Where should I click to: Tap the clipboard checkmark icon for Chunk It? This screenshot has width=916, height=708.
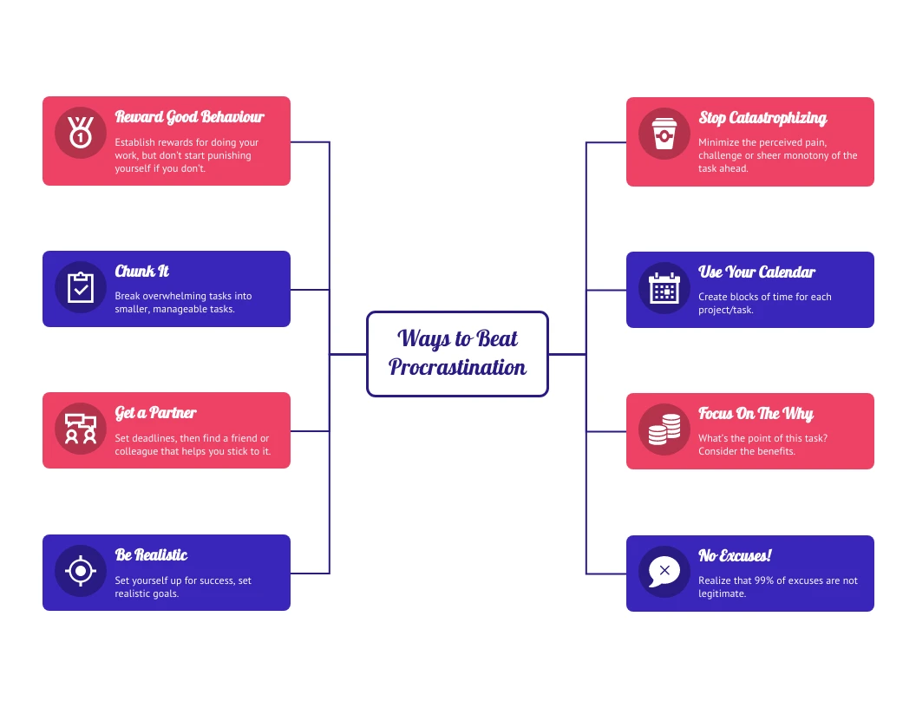tap(81, 287)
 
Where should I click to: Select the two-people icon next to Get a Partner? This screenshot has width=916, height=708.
tap(81, 429)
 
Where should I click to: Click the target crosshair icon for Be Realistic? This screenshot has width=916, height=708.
tap(81, 571)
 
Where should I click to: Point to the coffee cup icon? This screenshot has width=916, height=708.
tap(664, 134)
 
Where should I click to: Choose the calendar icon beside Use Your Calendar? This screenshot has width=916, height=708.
tap(664, 288)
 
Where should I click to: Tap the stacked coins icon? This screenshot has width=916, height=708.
tap(664, 429)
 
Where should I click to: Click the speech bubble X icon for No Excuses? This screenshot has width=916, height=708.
tap(664, 572)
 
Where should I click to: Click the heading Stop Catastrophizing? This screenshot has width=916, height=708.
tap(762, 118)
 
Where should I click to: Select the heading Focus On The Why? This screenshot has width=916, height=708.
tap(756, 414)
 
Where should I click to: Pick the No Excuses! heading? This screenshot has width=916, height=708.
tap(735, 555)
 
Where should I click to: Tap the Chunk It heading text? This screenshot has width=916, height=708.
tap(141, 272)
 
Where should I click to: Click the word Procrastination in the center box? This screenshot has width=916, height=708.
tap(457, 368)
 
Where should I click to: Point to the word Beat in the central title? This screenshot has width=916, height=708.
tap(497, 338)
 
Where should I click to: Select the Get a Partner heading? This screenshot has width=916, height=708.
tap(155, 413)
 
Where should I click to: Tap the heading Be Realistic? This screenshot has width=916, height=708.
tap(151, 555)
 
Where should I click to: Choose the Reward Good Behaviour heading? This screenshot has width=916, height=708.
tap(189, 117)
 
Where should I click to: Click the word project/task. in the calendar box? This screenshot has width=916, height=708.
tap(725, 310)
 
